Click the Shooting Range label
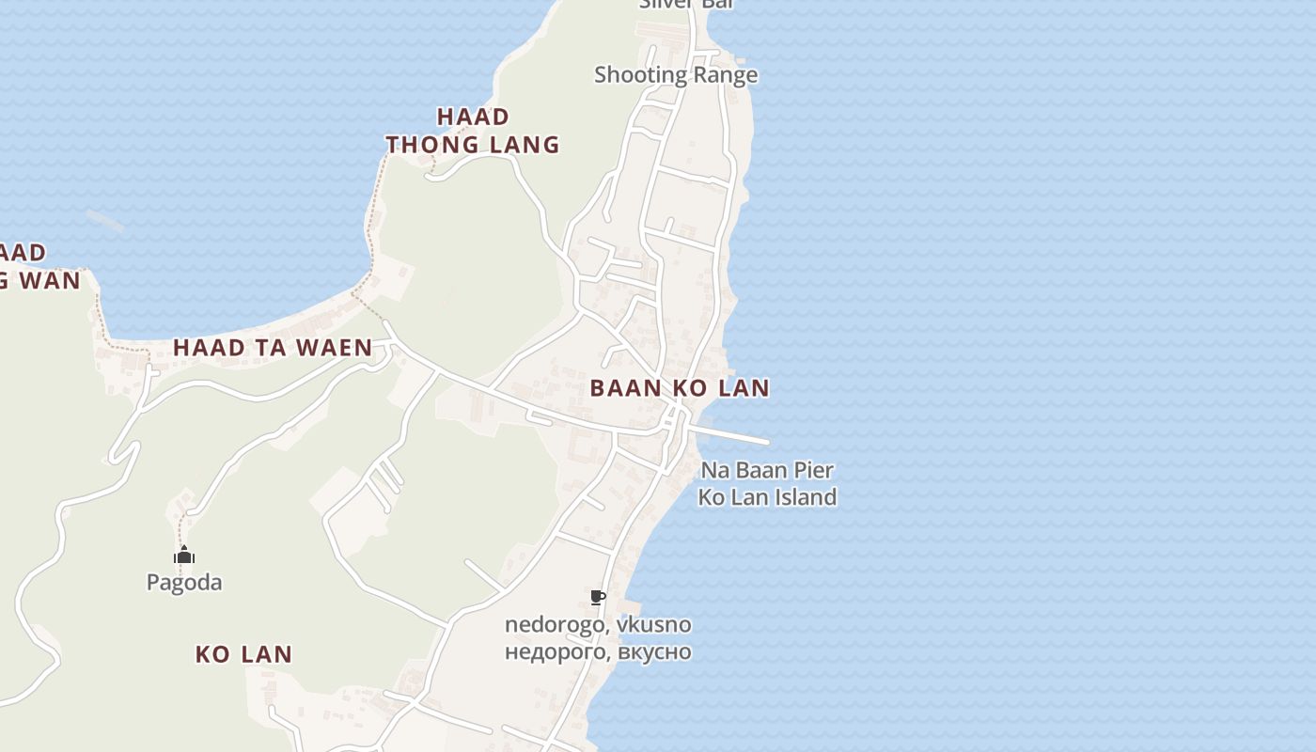[x=676, y=75]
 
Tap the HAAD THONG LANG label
[x=473, y=131]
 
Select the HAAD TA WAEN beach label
[x=273, y=348]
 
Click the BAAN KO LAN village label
[x=680, y=388]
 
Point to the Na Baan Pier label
[x=767, y=470]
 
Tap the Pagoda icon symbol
[x=184, y=556]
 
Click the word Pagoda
[x=184, y=583]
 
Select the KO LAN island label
[x=243, y=654]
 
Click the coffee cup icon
[x=597, y=597]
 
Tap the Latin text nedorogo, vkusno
[x=598, y=625]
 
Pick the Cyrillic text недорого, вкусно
[x=598, y=651]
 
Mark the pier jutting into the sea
[x=733, y=435]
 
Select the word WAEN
[x=337, y=348]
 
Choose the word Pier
[x=813, y=470]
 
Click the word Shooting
[x=641, y=75]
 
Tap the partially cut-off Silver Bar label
[x=685, y=4]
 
